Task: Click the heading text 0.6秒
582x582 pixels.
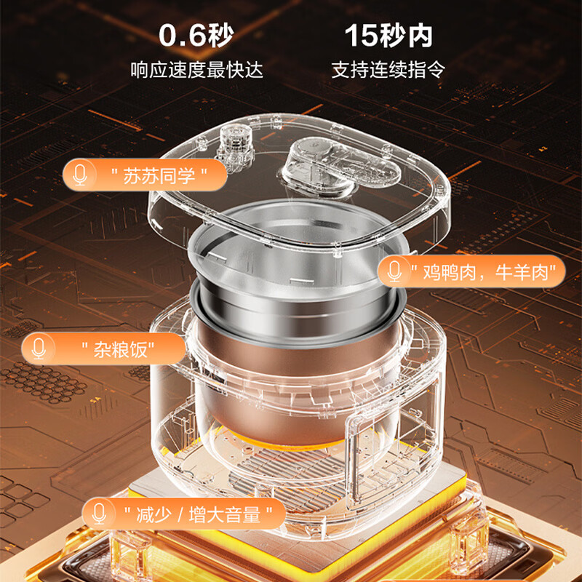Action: [x=196, y=36]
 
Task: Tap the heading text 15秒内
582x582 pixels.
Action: [x=388, y=36]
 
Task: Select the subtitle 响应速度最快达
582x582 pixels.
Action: [x=196, y=70]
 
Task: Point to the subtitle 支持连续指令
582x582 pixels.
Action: [x=388, y=70]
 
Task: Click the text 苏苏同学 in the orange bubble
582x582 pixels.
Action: [x=159, y=175]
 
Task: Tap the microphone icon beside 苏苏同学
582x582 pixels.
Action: [x=80, y=175]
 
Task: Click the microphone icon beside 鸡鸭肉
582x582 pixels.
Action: [x=394, y=271]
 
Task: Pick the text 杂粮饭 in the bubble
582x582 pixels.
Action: [x=118, y=349]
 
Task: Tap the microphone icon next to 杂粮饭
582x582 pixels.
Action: [x=39, y=348]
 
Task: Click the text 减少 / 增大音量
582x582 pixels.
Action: [x=198, y=514]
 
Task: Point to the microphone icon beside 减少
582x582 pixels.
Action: [x=99, y=514]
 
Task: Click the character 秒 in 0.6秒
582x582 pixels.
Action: [x=221, y=36]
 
